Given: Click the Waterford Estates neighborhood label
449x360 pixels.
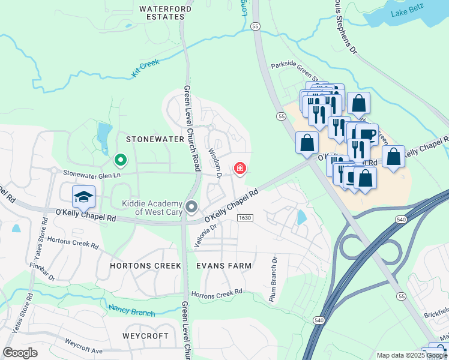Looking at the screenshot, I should tap(165, 13).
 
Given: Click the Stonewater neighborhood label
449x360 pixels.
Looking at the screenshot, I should tap(155, 139).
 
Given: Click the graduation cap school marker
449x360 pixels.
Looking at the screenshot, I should tap(84, 196).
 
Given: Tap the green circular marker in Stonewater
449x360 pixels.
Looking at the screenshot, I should tap(120, 160).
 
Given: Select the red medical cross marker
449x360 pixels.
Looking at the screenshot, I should tap(240, 169).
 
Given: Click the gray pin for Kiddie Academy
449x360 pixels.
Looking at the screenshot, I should tap(191, 208).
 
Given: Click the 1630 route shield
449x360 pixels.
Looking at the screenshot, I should tap(244, 217).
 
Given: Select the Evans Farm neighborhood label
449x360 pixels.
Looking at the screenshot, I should tap(223, 265).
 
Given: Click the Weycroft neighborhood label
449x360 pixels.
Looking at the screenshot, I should tap(145, 335).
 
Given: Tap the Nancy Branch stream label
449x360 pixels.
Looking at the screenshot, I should tap(131, 311).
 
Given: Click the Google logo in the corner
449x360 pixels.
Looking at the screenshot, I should tap(20, 352).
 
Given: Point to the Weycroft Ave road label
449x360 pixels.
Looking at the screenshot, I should tap(84, 347).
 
